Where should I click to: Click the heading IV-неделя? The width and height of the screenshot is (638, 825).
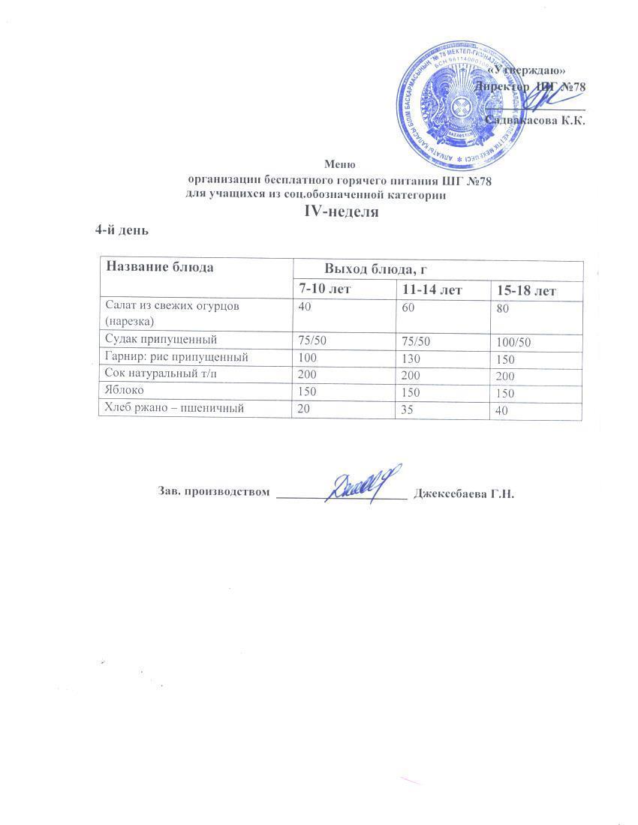pos(339,211)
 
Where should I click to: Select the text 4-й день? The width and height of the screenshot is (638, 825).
pos(121,230)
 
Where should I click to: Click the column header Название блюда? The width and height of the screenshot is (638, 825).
pos(159,267)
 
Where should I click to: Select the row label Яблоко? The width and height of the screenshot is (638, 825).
pos(123,391)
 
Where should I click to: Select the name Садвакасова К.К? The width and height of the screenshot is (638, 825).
pos(535,119)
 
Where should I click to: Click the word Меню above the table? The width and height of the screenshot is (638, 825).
pos(339,163)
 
